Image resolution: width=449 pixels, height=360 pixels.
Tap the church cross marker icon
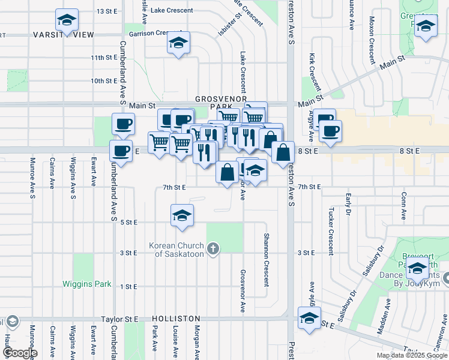[212, 249]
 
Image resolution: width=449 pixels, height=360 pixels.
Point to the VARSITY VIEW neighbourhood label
[68, 35]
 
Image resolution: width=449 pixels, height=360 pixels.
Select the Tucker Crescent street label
[331, 232]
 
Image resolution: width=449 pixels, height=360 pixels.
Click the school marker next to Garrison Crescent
[178, 43]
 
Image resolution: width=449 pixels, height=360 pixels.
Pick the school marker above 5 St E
[182, 215]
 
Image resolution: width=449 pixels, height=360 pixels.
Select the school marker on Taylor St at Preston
[309, 318]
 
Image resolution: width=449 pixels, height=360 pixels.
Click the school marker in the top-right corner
[426, 26]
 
